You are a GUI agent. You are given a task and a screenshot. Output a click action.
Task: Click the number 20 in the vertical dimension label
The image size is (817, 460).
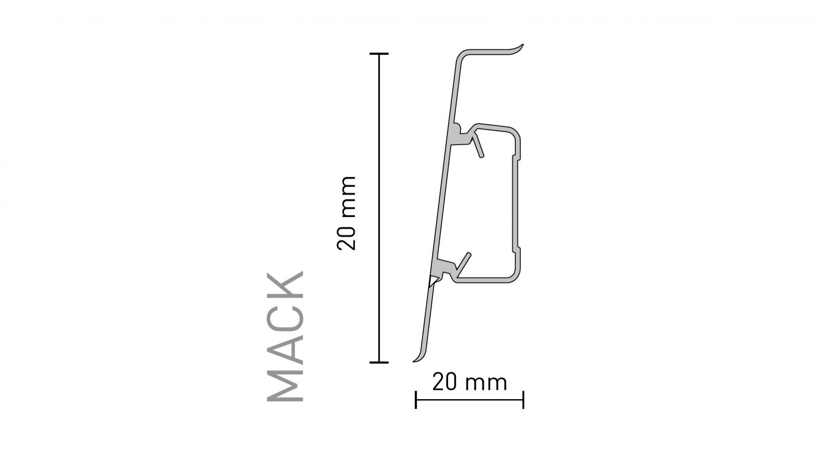(x=346, y=237)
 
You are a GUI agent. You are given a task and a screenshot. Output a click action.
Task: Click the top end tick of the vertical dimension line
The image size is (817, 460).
(x=379, y=54)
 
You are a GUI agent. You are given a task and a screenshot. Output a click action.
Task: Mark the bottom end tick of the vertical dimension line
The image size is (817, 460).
(x=379, y=362)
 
